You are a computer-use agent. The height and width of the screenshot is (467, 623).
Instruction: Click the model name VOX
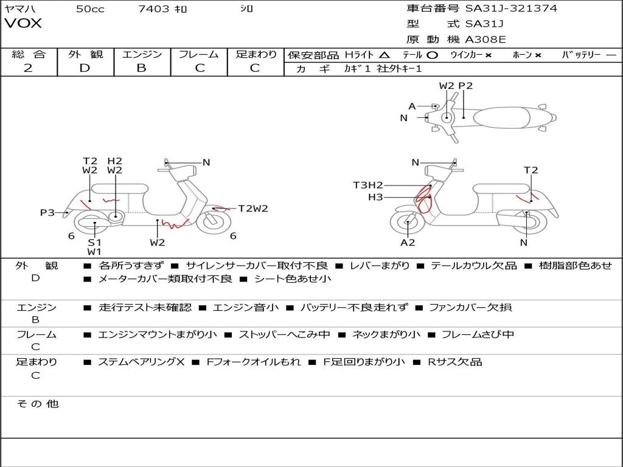(x=23, y=24)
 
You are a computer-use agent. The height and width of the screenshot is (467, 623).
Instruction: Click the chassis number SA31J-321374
(x=511, y=9)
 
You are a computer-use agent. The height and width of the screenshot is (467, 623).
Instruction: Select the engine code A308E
(x=486, y=40)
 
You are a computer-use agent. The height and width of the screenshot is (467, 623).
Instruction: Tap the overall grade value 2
(x=28, y=68)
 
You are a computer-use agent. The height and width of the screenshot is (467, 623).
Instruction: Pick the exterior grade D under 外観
(x=85, y=68)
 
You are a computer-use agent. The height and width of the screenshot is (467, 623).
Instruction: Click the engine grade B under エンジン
(x=141, y=68)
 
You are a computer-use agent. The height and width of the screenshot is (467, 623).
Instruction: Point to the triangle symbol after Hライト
(x=384, y=55)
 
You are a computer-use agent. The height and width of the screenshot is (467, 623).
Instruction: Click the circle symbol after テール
(x=433, y=55)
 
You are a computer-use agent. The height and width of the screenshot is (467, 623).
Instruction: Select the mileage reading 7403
(x=153, y=9)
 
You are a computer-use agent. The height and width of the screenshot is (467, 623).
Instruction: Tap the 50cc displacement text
(x=90, y=9)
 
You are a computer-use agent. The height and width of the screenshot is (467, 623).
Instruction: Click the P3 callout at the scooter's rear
(x=47, y=213)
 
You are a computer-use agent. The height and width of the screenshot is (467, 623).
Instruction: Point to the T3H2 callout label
(x=368, y=185)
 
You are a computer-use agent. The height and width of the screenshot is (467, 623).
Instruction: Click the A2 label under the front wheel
(x=408, y=243)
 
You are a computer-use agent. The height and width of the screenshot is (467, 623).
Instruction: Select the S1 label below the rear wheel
(x=94, y=242)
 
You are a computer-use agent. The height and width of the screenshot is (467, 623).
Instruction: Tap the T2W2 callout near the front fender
(x=253, y=209)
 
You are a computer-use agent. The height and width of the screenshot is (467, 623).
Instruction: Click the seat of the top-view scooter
(x=501, y=117)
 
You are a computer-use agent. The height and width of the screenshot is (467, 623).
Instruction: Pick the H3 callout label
(x=375, y=196)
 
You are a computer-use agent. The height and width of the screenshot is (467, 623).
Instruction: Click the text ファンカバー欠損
(x=470, y=307)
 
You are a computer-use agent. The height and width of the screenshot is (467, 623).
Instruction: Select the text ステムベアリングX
(x=141, y=362)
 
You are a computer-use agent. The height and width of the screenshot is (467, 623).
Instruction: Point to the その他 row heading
(x=37, y=404)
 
